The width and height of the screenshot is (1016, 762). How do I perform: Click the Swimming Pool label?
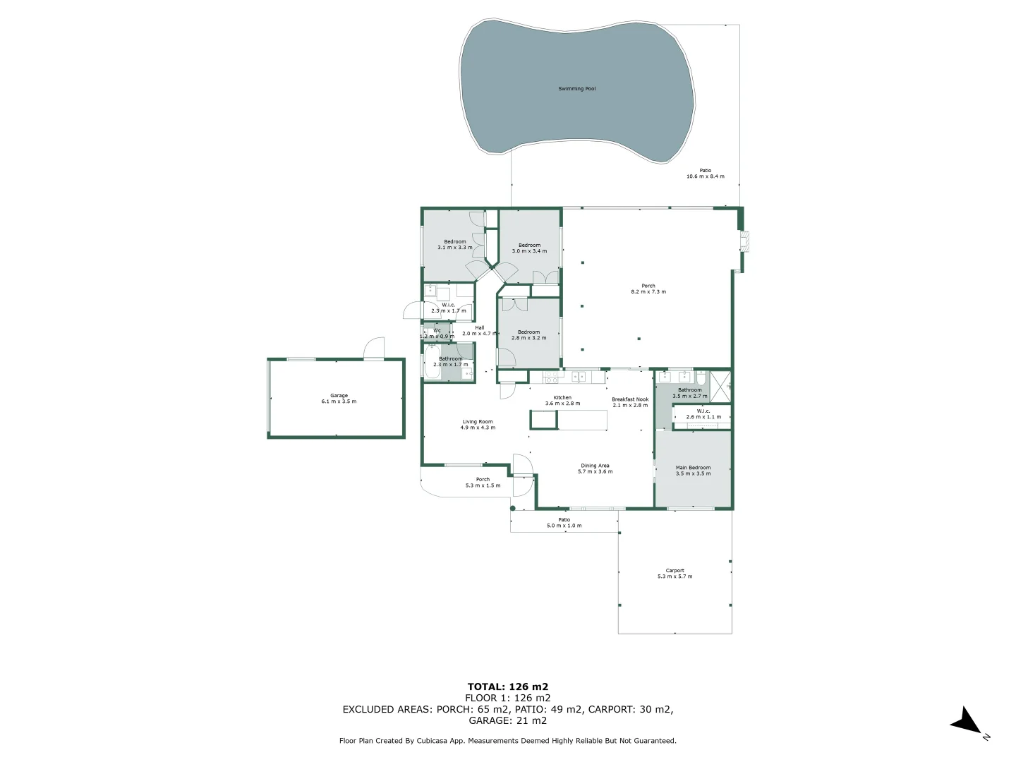click(576, 89)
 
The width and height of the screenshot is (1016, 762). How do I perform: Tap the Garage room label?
click(339, 396)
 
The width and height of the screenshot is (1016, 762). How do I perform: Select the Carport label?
click(675, 571)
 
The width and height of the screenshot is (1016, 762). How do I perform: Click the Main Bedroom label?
click(693, 468)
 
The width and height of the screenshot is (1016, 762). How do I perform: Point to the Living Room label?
click(478, 422)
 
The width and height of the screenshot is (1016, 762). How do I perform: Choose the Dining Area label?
click(595, 466)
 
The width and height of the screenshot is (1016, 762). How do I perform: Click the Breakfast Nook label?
click(630, 399)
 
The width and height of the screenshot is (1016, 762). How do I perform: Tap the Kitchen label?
click(562, 398)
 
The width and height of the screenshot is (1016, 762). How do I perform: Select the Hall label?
click(480, 327)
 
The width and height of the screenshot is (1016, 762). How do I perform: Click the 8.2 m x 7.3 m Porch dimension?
click(648, 291)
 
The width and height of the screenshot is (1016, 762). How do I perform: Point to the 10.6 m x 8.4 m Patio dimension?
click(705, 176)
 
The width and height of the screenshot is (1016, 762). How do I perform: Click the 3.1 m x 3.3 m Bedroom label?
click(455, 242)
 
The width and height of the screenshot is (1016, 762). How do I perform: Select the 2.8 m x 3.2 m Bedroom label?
click(528, 332)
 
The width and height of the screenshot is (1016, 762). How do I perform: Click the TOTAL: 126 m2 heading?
click(507, 687)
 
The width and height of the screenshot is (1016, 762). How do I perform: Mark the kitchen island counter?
click(569, 420)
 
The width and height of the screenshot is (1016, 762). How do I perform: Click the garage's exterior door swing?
click(373, 348)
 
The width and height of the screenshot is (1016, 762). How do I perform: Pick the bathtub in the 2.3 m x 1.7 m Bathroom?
click(433, 363)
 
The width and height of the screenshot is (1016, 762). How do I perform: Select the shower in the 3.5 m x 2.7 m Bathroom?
click(720, 385)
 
